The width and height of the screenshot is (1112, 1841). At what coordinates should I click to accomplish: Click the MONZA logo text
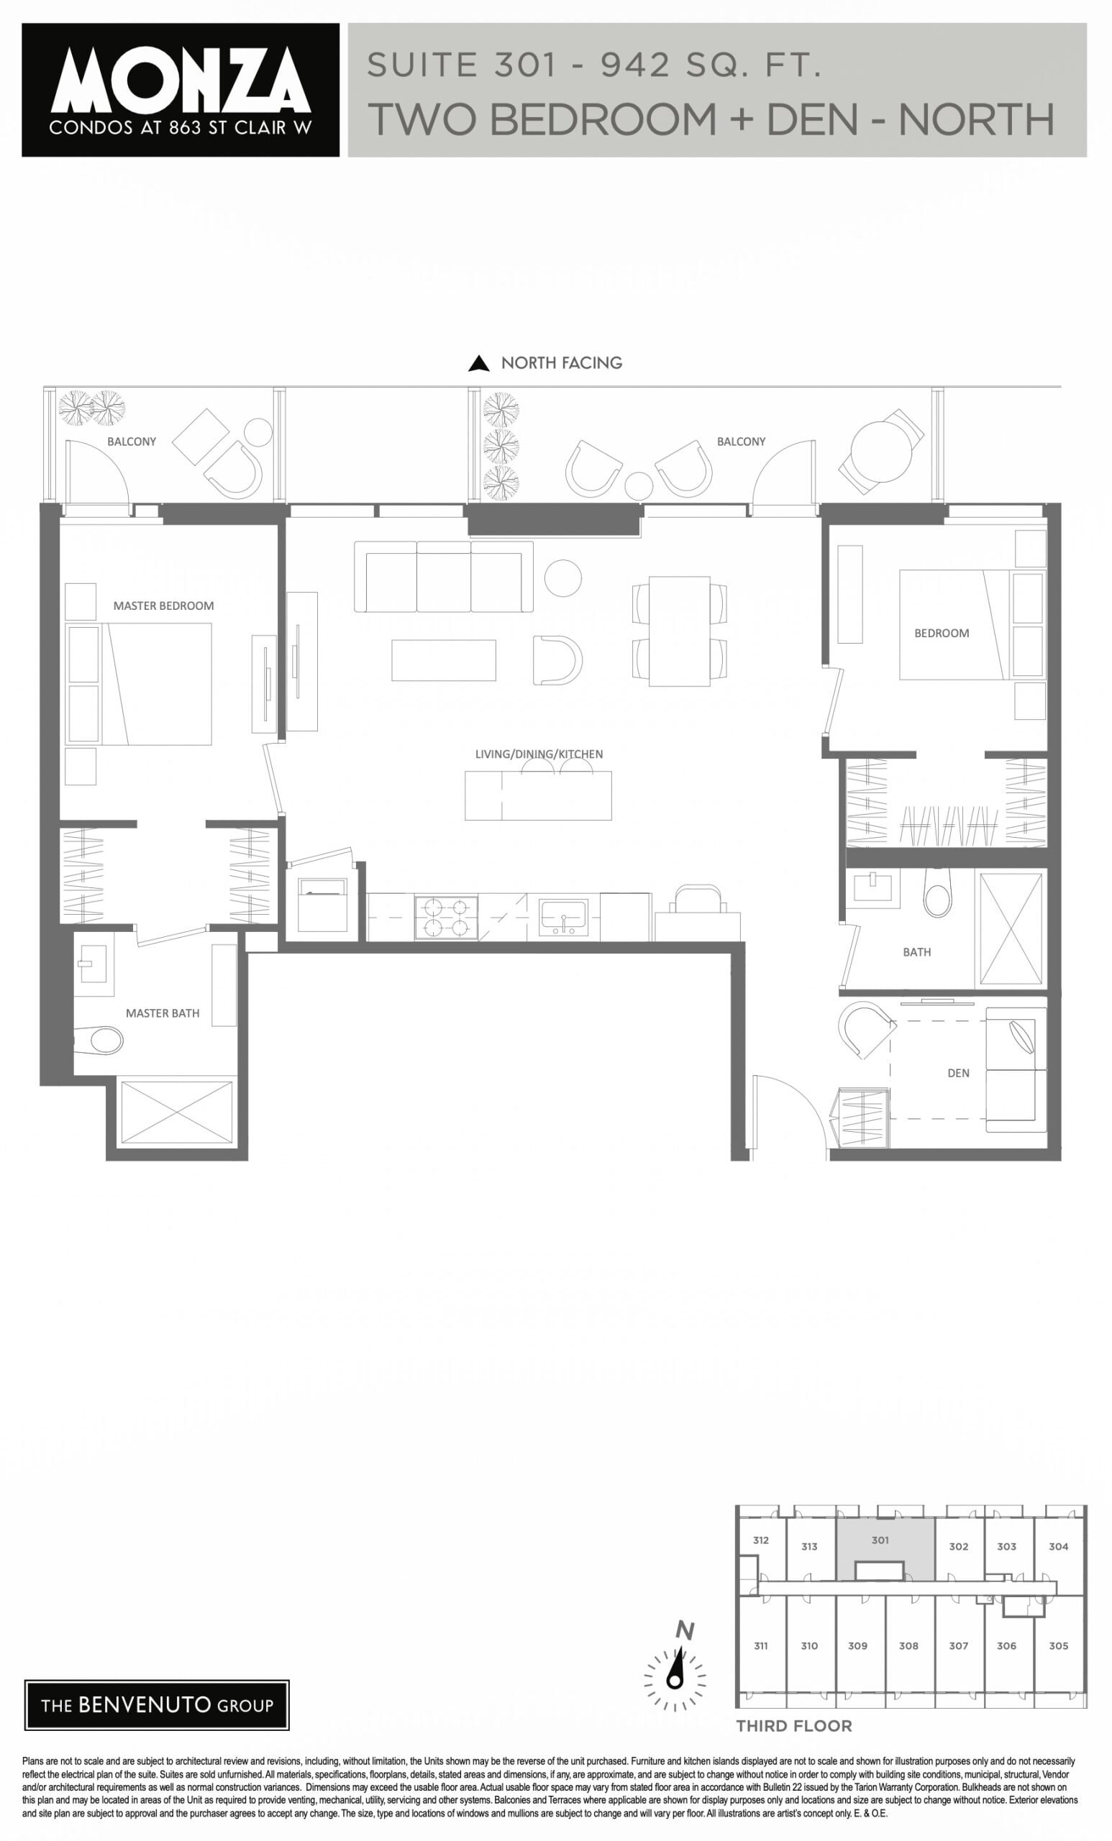click(x=181, y=80)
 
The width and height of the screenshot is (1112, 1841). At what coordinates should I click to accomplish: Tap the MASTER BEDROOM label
click(x=164, y=606)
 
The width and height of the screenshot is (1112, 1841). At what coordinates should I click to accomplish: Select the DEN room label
click(x=958, y=1073)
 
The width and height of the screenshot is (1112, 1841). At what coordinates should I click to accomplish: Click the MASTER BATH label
click(x=162, y=1013)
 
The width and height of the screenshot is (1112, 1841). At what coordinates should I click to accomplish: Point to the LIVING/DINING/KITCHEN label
click(x=539, y=754)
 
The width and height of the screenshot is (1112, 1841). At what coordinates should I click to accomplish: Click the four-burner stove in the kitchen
click(x=446, y=918)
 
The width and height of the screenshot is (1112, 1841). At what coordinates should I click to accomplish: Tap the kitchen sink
click(x=563, y=918)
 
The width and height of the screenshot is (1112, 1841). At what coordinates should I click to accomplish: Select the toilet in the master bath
click(x=99, y=1040)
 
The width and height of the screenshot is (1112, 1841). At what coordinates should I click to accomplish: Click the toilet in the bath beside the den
click(x=938, y=893)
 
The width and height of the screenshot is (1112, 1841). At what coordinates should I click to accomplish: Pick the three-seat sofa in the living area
click(x=443, y=577)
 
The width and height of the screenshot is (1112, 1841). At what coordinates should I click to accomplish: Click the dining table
click(x=679, y=631)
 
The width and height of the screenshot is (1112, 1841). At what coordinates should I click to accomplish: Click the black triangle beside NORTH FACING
click(x=478, y=363)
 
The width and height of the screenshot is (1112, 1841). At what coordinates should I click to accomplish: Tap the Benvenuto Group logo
click(x=157, y=1705)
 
